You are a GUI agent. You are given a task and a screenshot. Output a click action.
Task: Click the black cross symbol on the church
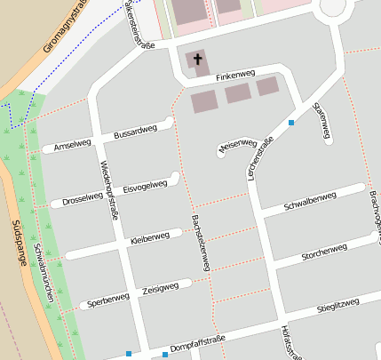click(197, 61)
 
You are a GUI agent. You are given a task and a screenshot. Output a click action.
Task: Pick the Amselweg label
click(72, 144)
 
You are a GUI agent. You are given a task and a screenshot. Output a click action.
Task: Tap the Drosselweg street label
click(83, 200)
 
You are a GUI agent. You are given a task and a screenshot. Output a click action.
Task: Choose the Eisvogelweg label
click(145, 187)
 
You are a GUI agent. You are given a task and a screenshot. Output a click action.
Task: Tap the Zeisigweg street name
click(160, 289)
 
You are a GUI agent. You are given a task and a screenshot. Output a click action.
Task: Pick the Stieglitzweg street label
click(337, 307)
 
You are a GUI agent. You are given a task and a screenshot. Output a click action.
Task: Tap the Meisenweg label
click(237, 144)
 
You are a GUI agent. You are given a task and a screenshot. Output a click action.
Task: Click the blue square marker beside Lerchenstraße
click(291, 123)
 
